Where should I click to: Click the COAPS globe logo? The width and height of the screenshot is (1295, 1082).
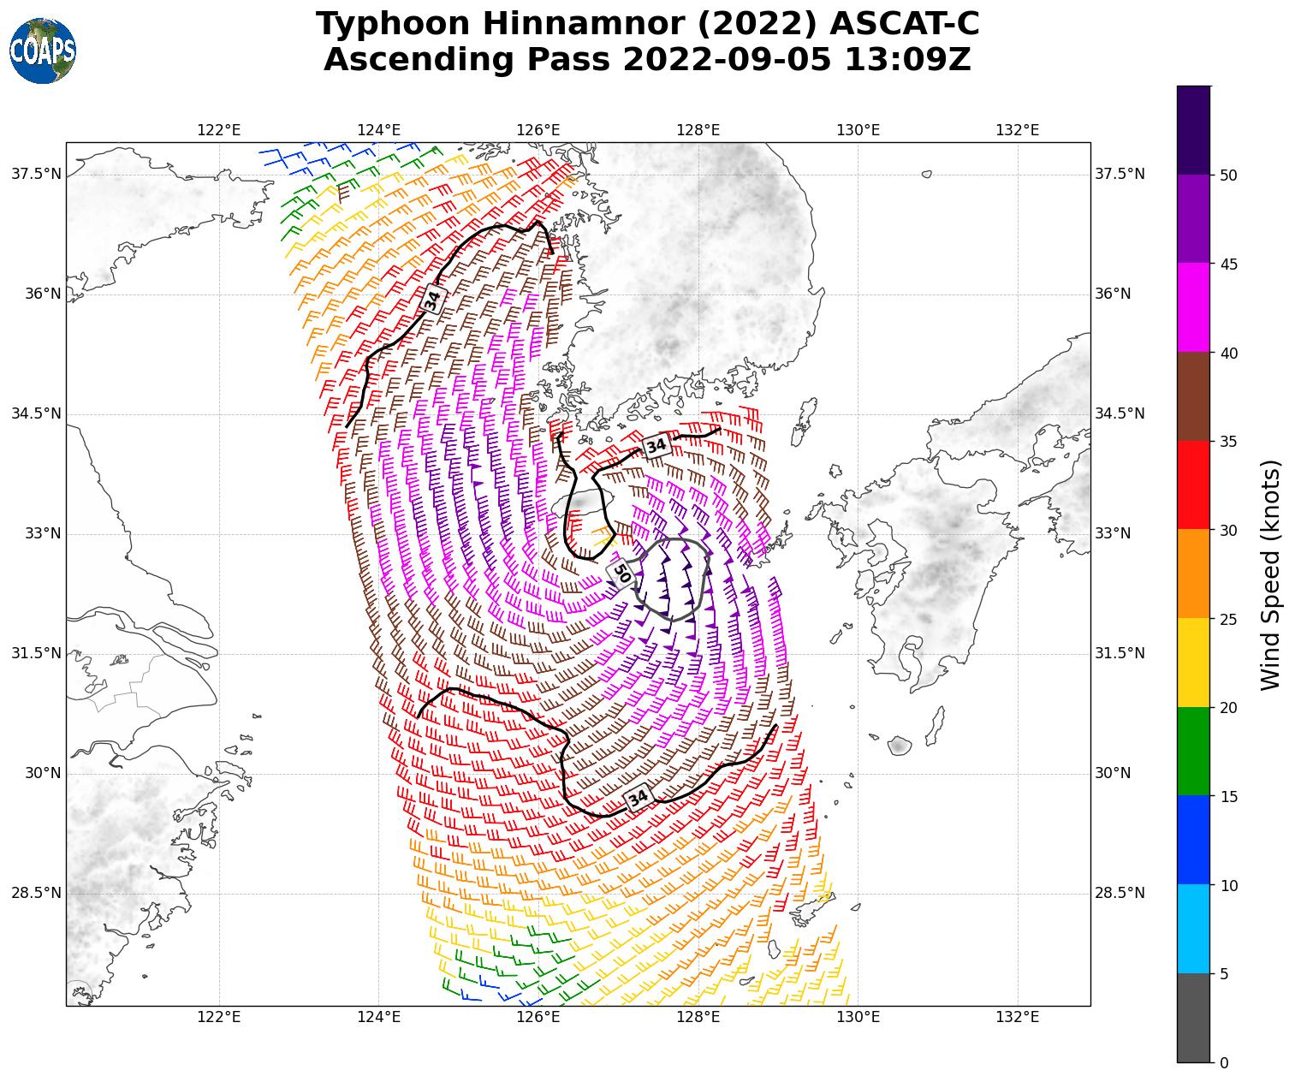point(43,51)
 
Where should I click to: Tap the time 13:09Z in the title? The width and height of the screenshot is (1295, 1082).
point(907,60)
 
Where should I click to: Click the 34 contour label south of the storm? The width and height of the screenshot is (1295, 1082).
point(639,798)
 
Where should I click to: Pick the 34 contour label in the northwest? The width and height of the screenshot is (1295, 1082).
point(433,299)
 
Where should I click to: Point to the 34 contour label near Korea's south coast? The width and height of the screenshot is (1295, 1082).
point(656,445)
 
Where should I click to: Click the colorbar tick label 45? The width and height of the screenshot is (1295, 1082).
point(1228,265)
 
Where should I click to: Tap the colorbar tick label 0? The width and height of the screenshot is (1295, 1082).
point(1223,1063)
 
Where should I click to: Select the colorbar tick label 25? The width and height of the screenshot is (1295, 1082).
point(1228,620)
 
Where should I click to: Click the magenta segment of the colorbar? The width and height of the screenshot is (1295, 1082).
point(1193,307)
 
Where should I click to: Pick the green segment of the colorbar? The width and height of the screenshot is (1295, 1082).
point(1193,751)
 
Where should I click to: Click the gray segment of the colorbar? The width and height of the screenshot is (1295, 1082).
point(1193,1018)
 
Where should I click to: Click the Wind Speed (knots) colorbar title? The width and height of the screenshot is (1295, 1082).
point(1272,574)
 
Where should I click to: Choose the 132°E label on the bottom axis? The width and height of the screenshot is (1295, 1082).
point(1018,1017)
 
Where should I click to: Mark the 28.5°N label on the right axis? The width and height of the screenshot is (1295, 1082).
point(1120,893)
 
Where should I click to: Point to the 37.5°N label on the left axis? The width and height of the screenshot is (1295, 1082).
point(36,174)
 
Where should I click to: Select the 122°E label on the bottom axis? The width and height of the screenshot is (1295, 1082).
point(219,1017)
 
